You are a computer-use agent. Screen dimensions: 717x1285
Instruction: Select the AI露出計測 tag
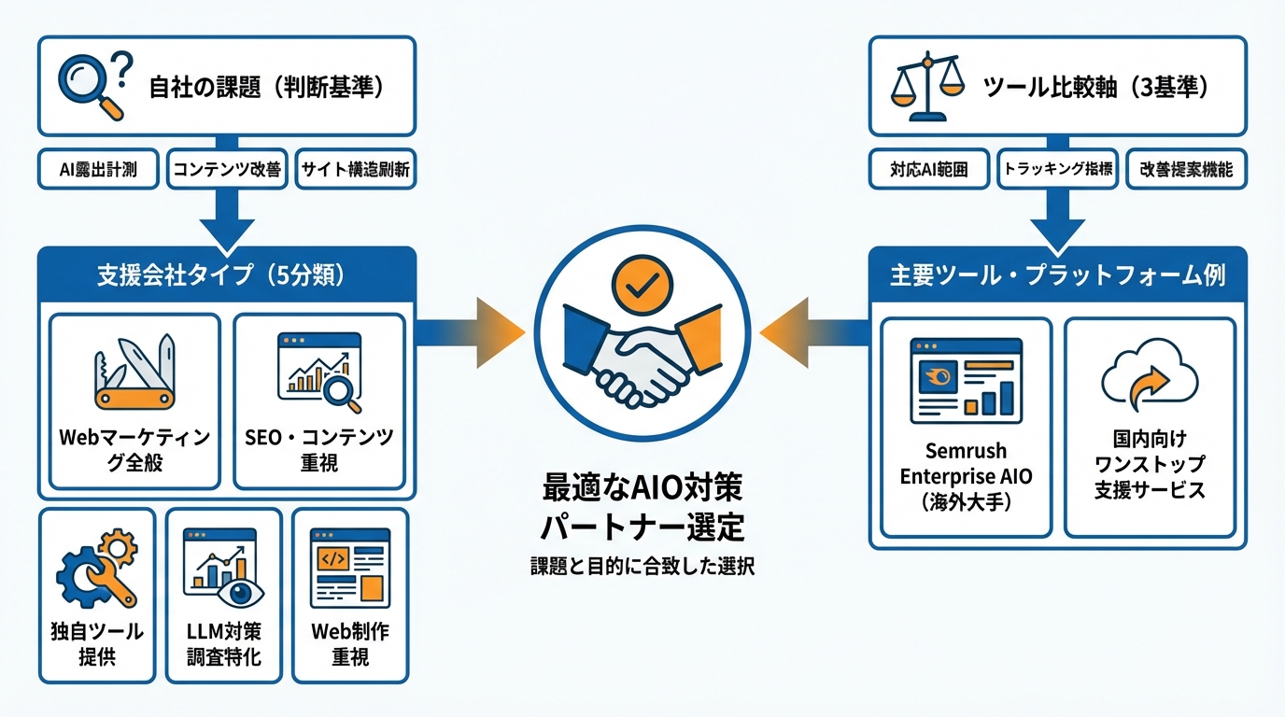click(99, 170)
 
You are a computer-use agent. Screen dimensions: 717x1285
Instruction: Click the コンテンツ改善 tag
click(227, 170)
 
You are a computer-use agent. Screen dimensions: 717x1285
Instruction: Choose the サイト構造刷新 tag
click(355, 170)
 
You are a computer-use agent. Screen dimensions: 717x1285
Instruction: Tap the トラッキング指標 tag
click(1057, 170)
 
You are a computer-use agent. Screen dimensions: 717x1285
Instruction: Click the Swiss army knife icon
click(134, 373)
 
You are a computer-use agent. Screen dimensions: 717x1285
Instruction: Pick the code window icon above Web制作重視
click(350, 563)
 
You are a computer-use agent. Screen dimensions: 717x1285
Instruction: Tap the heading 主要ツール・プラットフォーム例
click(1057, 275)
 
